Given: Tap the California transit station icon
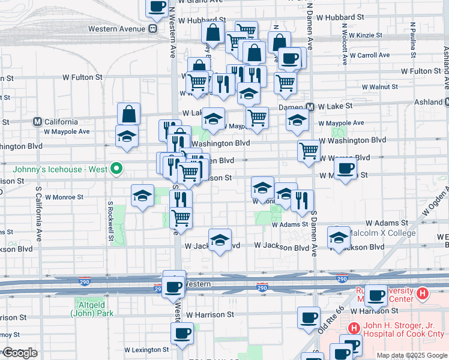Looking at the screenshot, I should pos(38,121).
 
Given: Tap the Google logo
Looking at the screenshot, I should pos(19,353).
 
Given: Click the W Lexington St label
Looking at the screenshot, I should pos(146,350).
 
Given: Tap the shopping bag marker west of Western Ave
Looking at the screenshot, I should pos(129,114).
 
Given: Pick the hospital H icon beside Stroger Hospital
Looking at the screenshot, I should pos(354,328).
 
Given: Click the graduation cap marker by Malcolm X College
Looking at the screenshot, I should pos(339,238).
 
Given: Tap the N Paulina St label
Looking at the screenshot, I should pos(413,42).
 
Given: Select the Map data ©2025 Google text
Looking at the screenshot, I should pos(412,355).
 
